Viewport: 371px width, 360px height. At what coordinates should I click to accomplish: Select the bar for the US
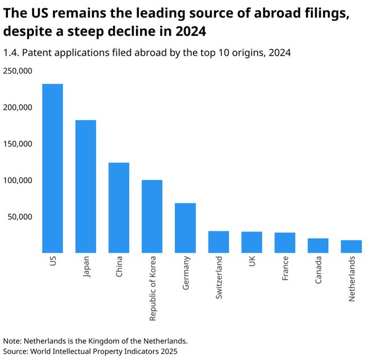click(52, 168)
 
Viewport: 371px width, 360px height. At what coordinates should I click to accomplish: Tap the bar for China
click(119, 208)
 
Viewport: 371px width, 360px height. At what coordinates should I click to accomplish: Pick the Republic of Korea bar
click(152, 216)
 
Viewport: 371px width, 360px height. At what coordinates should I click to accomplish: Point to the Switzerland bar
click(218, 242)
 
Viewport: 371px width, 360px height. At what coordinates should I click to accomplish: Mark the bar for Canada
click(318, 245)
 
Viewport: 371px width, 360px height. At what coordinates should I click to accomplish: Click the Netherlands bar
click(351, 247)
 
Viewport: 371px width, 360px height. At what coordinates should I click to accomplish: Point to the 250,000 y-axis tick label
click(17, 71)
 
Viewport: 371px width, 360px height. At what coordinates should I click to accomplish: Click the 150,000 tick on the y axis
click(17, 144)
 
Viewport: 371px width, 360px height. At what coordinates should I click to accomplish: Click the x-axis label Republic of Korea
click(152, 288)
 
